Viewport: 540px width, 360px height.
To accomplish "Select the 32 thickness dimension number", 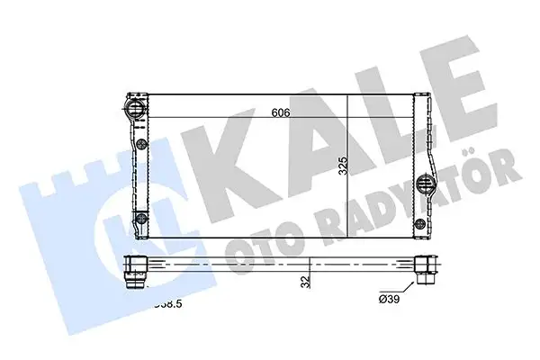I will pos(307,282).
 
